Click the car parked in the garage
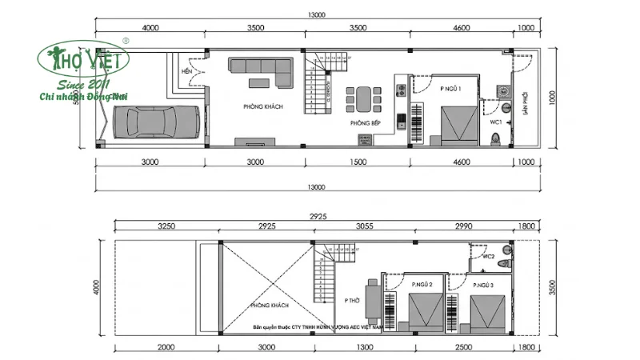tap(156, 122)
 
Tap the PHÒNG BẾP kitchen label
tap(365, 123)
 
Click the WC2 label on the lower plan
tap(488, 257)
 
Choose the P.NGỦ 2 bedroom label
tap(422, 284)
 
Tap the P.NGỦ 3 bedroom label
tap(482, 285)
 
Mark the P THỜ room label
tap(353, 301)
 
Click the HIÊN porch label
tap(188, 71)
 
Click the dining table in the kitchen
tap(364, 98)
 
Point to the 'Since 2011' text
tap(84, 86)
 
